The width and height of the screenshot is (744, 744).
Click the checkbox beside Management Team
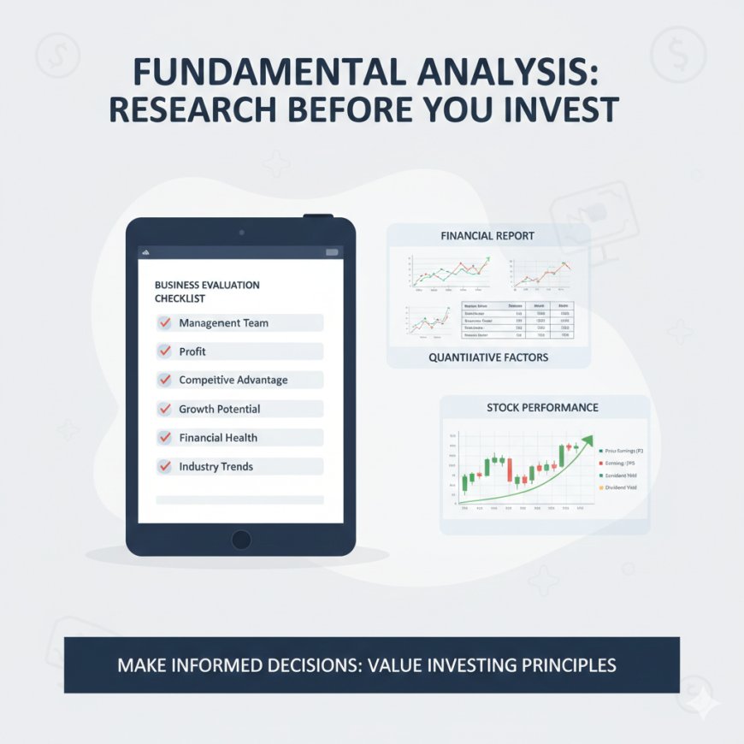(x=165, y=323)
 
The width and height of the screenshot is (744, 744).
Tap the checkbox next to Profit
(x=165, y=351)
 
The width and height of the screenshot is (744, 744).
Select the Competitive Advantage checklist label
(x=233, y=381)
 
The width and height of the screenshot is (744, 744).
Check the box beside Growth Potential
(x=165, y=409)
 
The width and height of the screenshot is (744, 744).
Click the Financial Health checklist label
(x=217, y=438)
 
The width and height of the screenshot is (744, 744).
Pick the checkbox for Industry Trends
(x=165, y=467)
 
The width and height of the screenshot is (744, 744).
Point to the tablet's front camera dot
(x=241, y=232)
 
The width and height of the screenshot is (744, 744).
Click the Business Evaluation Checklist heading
(x=206, y=292)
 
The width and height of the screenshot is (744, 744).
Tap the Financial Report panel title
(x=487, y=235)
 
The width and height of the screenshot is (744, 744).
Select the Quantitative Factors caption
(x=488, y=357)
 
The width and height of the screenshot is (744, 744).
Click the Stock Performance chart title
(x=542, y=408)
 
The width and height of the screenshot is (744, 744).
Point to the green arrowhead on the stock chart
(x=587, y=441)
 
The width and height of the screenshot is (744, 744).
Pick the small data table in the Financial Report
(x=517, y=320)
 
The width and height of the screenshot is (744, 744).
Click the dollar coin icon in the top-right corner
(x=677, y=56)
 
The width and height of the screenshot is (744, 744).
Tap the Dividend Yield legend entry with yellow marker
(x=623, y=487)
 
